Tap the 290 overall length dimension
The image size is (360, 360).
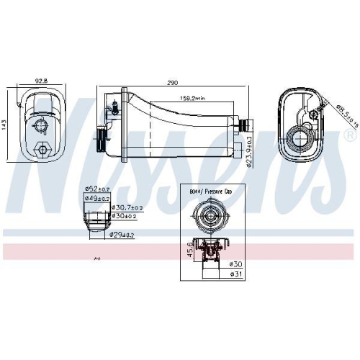[x=172, y=84]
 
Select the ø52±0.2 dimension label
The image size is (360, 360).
[x=96, y=189]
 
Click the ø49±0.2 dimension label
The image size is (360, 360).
[x=96, y=197]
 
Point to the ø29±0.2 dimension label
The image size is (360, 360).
[x=123, y=235]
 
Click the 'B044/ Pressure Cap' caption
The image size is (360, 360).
[x=211, y=193]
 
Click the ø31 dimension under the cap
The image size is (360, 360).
[x=235, y=273]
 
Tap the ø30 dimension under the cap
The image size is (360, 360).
[x=235, y=264]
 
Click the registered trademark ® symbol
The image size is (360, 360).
[x=350, y=135]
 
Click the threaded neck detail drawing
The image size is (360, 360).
[x=96, y=220]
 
